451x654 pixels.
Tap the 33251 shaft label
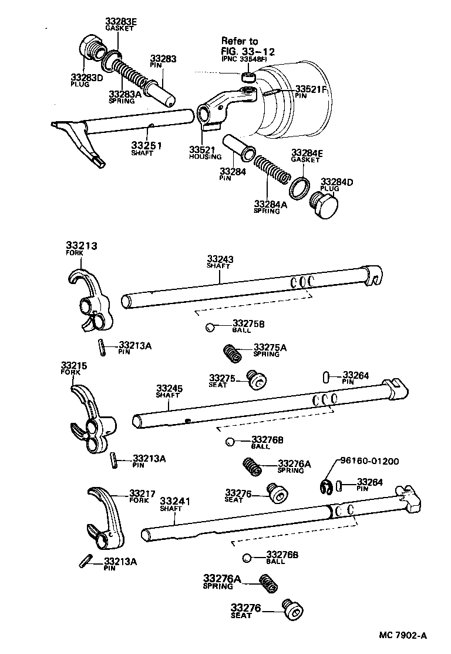[x=146, y=145]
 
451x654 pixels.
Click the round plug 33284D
[x=325, y=206]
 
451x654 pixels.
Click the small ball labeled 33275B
[x=210, y=327]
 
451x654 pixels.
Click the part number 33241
[x=176, y=500]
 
